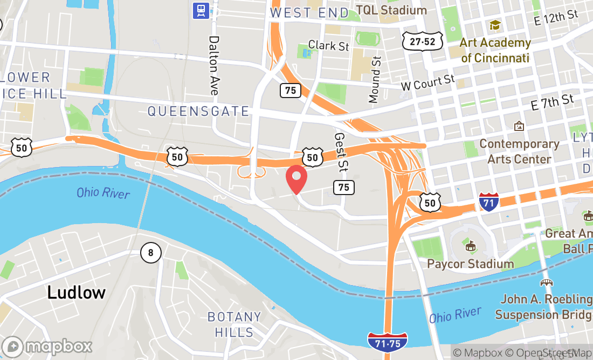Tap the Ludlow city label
pyautogui.click(x=76, y=293)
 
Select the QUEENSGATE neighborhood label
pyautogui.click(x=198, y=112)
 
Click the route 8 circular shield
pyautogui.click(x=151, y=252)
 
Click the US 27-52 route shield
pyautogui.click(x=422, y=41)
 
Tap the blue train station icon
pyautogui.click(x=201, y=10)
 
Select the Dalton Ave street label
pyautogui.click(x=214, y=66)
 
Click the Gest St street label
pyautogui.click(x=340, y=152)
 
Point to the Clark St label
pyautogui.click(x=328, y=45)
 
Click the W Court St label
pyautogui.click(x=428, y=83)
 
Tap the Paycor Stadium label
pyautogui.click(x=470, y=264)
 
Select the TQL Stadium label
pyautogui.click(x=391, y=10)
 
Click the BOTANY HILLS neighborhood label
pyautogui.click(x=234, y=324)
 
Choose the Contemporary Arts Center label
pyautogui.click(x=519, y=151)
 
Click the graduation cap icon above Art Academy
pyautogui.click(x=494, y=25)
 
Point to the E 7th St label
pyautogui.click(x=552, y=102)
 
